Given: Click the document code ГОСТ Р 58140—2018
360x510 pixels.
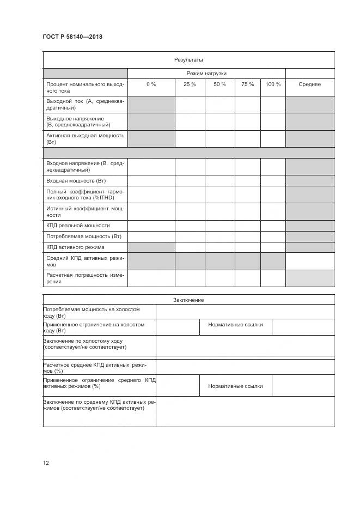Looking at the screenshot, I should point(72,37).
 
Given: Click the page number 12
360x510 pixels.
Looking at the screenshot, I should point(46,463).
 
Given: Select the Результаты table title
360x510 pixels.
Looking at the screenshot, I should point(188,60).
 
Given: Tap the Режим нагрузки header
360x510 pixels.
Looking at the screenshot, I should point(206,73).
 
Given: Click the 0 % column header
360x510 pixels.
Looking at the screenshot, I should point(151,84).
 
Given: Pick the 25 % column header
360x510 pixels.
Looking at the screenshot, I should point(190,84).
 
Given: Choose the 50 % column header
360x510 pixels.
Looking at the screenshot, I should point(219,84).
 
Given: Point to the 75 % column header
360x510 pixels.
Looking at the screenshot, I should point(247,84).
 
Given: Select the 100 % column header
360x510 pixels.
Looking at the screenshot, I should point(273,84).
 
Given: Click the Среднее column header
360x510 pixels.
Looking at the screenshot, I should point(309,84).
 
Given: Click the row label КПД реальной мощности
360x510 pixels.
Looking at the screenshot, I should point(78,226).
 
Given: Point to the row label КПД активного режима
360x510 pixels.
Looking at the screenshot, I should point(76,247).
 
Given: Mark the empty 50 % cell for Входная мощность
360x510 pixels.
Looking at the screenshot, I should point(219,180).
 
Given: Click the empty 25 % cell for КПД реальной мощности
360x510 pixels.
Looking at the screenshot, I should point(190,226).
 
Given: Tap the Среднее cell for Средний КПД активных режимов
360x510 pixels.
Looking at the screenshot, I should point(309,261).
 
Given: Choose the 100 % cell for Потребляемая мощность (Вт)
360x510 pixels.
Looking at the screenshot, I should point(273,236).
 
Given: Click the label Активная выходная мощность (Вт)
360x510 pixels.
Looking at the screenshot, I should point(86,138).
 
